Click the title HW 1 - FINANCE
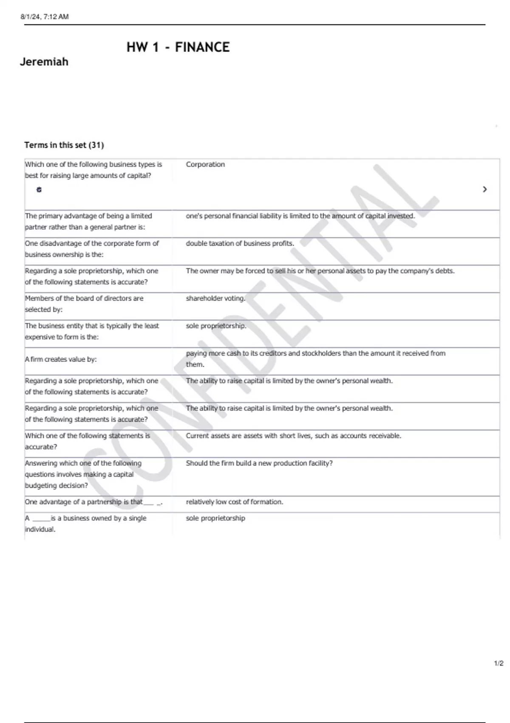tap(178, 47)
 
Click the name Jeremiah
tap(44, 62)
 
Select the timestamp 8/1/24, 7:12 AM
tap(45, 17)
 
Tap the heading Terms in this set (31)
tap(64, 145)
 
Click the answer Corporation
tap(205, 165)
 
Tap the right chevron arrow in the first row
tap(484, 189)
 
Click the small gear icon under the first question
tap(39, 190)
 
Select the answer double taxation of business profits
tap(240, 244)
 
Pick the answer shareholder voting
tap(215, 299)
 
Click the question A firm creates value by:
tap(61, 359)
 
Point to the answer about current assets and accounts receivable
tap(293, 436)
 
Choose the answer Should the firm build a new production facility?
tap(259, 463)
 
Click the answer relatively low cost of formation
tap(234, 502)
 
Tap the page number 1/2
tap(499, 663)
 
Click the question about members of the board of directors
tap(84, 304)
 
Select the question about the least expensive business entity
tap(92, 331)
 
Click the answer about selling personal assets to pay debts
tap(320, 271)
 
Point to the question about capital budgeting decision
tap(83, 474)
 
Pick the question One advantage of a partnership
tap(93, 502)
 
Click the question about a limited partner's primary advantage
tap(88, 222)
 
